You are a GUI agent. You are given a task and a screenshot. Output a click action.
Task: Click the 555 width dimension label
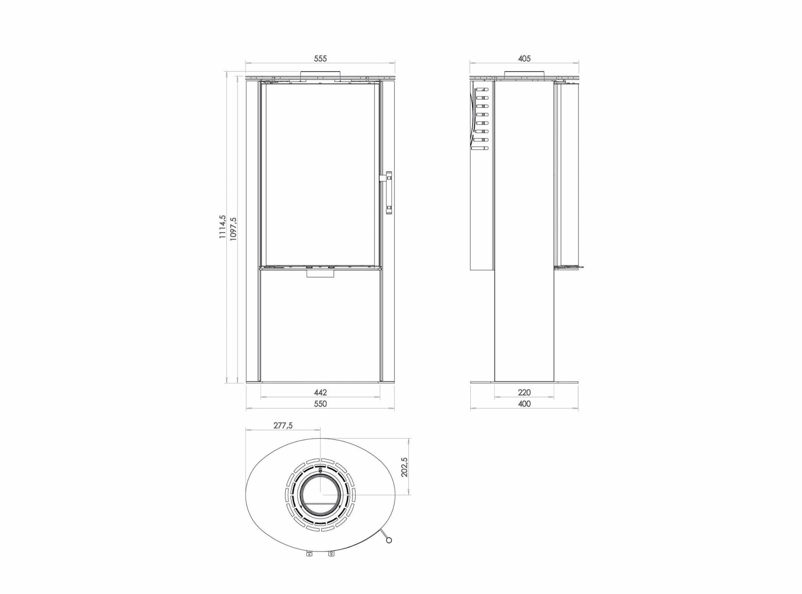point(320,59)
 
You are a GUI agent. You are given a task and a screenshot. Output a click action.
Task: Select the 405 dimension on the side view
point(524,59)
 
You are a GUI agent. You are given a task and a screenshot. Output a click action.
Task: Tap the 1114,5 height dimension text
point(223,227)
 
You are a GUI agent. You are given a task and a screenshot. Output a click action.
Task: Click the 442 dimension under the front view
point(320,392)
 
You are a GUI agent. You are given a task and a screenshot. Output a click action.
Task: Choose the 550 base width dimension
point(320,404)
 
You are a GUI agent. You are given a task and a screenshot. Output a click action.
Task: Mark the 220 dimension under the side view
point(524,392)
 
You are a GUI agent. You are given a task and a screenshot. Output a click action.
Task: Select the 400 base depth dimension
point(524,404)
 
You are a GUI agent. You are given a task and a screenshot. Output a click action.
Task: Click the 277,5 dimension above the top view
point(283,426)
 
